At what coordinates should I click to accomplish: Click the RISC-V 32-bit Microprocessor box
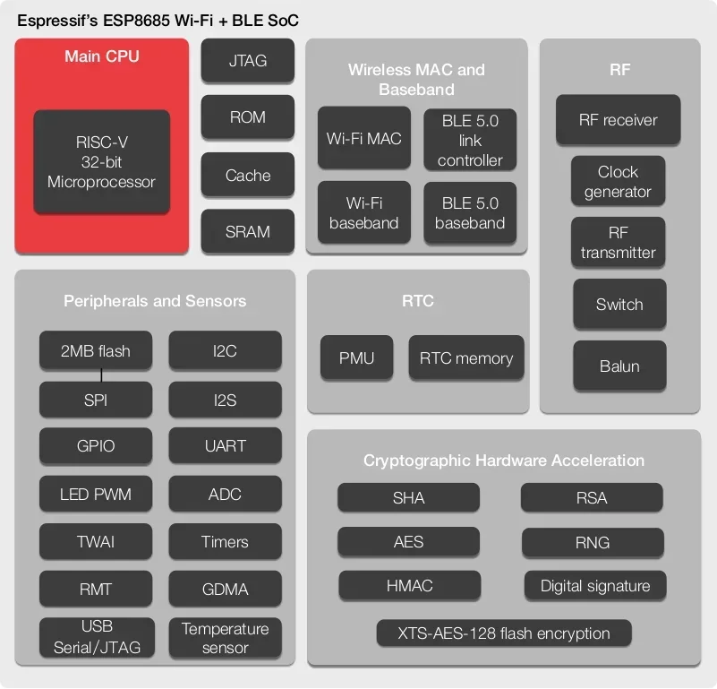101,162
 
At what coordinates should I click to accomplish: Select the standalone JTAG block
247,62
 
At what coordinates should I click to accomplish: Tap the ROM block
247,117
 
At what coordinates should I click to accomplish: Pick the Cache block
247,176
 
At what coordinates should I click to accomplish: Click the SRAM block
247,231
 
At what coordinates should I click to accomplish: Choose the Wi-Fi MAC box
363,139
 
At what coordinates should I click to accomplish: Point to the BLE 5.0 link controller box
470,140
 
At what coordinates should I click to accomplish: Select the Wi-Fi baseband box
363,212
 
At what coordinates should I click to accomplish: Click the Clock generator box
619,182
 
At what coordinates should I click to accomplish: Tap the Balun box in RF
619,366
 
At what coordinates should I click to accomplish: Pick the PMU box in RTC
356,358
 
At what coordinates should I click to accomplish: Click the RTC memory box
465,358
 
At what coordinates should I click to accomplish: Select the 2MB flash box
95,350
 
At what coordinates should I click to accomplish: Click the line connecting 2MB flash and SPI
100,375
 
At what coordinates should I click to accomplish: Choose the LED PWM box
95,494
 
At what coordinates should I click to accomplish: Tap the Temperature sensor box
225,638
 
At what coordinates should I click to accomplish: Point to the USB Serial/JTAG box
95,637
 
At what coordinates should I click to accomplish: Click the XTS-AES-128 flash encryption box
504,633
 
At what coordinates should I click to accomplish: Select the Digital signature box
595,586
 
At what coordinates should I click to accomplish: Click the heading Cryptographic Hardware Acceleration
504,461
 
